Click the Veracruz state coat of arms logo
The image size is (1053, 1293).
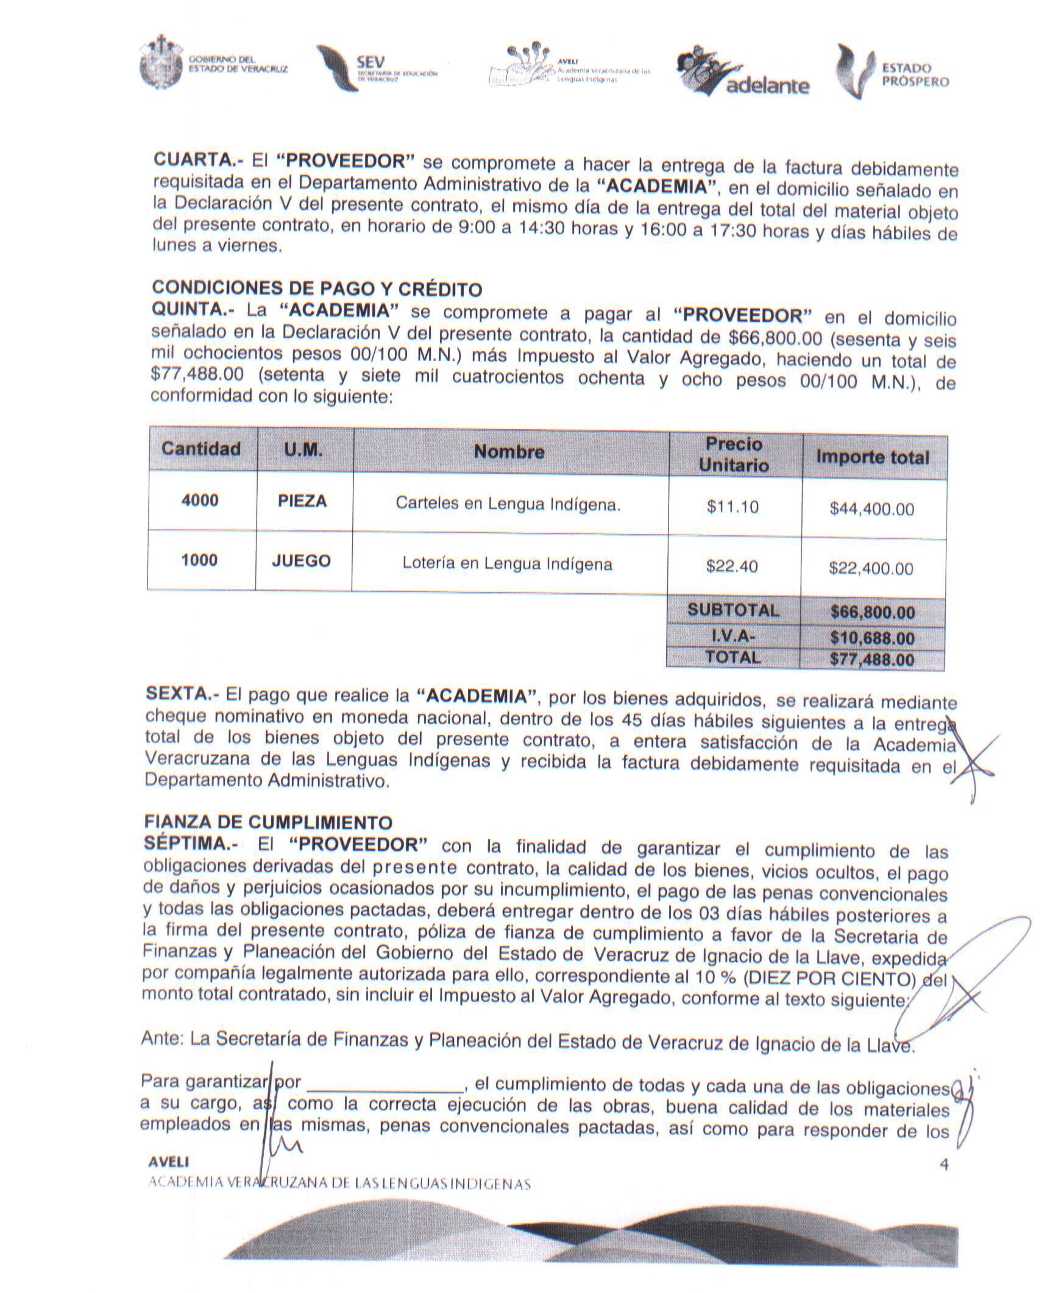coord(161,63)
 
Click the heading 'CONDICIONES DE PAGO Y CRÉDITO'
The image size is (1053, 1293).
coord(317,288)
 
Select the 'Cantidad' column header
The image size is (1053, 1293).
coord(201,449)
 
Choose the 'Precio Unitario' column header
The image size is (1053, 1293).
coord(734,455)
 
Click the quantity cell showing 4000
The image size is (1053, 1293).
coord(200,500)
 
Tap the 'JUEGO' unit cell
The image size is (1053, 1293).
coord(302,561)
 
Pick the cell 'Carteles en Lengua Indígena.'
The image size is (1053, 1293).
coord(508,504)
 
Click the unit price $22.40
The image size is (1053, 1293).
coord(732,567)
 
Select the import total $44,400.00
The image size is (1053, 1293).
coord(872,510)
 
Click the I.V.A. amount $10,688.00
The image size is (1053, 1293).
coord(872,638)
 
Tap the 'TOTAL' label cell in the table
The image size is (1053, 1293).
coord(733,658)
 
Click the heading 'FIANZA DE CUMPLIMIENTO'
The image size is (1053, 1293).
coord(268,822)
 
